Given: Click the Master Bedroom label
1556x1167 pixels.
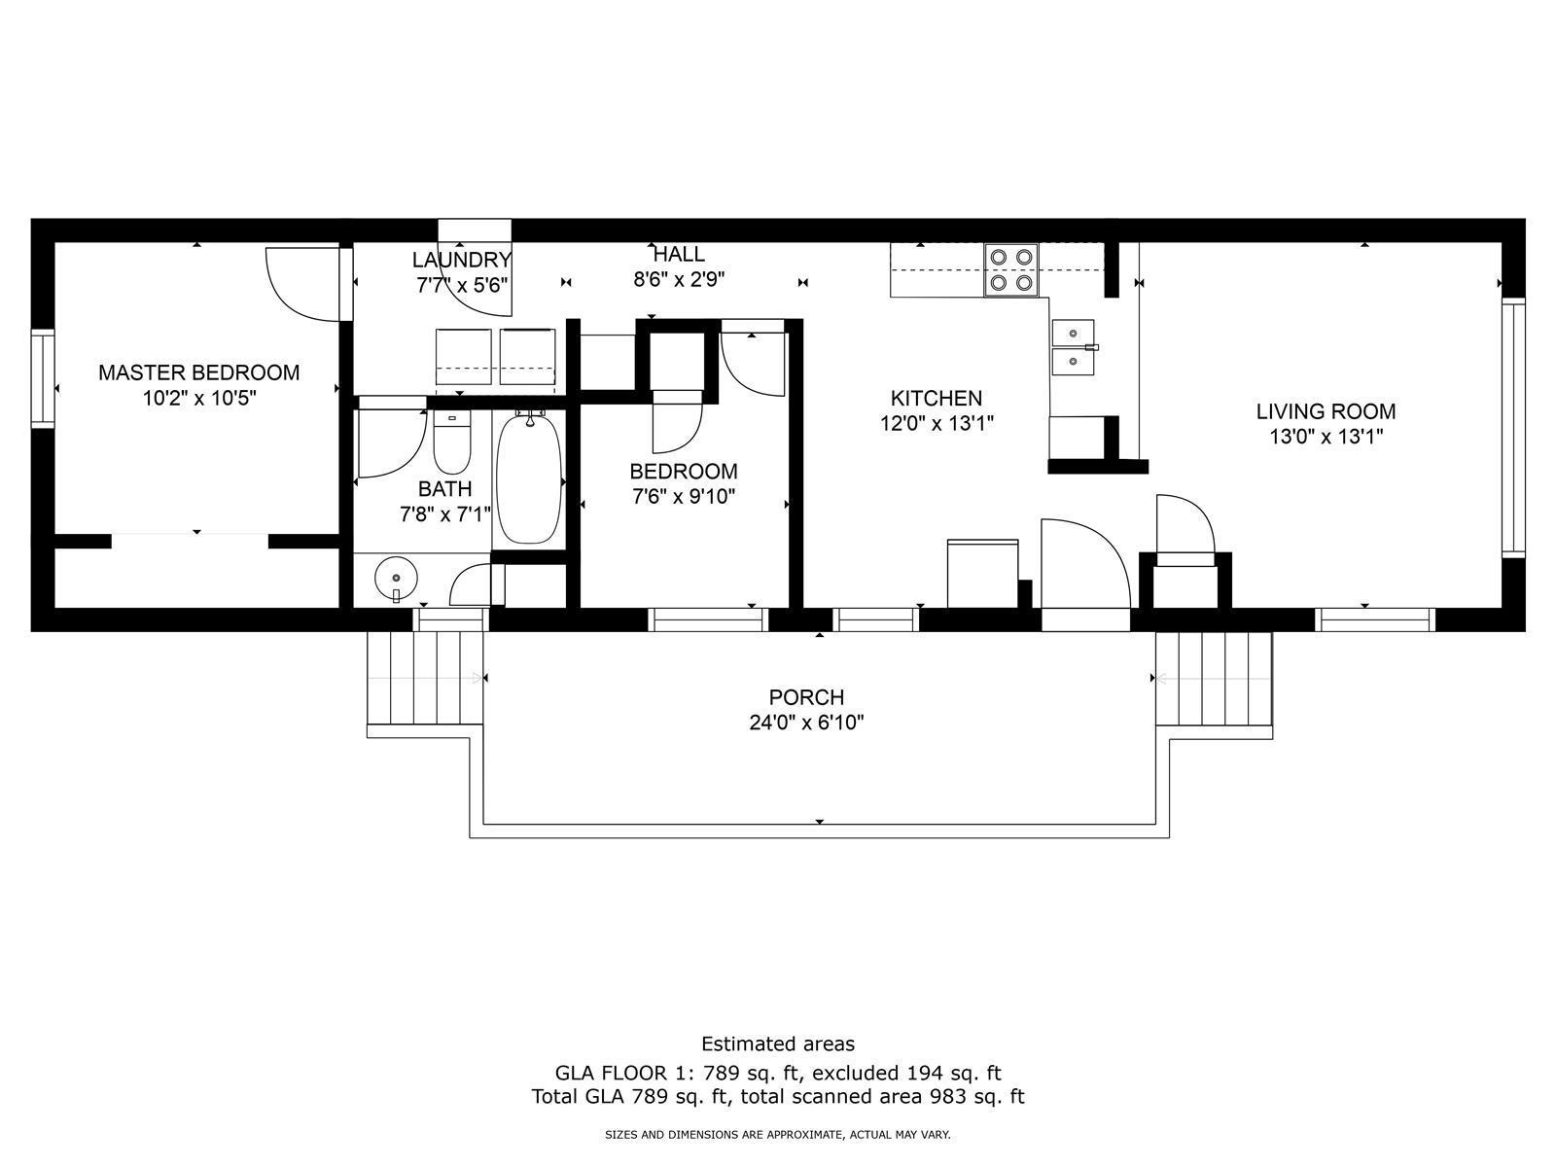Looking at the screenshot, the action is tap(198, 372).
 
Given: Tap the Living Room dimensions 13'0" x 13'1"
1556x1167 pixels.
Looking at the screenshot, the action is tap(1326, 437).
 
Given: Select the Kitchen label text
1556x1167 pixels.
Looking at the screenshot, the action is tap(937, 398).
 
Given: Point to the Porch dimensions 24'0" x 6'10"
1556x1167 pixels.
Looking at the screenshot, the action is tap(807, 723).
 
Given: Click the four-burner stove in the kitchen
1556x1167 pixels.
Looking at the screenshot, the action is tap(1010, 270).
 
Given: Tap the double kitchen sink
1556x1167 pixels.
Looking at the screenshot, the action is tap(1074, 347).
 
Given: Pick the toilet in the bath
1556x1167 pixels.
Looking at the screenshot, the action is tap(451, 442).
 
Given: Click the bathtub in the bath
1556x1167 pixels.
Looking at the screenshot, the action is tap(529, 479).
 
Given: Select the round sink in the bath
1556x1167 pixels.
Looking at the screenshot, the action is tap(396, 580).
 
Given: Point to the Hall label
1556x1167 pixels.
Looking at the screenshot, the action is tap(679, 254).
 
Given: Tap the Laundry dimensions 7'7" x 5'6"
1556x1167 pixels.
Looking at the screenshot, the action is tap(462, 286).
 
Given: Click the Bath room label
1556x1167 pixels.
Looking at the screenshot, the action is tap(445, 489).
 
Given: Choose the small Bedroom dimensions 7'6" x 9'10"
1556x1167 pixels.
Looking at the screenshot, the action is tap(684, 497).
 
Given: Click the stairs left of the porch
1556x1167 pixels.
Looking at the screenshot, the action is tap(425, 678).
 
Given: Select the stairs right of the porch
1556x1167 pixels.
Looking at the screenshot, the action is tap(1215, 678).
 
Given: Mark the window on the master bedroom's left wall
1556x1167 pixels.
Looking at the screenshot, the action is tap(43, 378).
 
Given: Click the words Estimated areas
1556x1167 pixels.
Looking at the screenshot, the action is tap(778, 1043).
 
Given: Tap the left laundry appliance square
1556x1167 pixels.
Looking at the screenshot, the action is tap(464, 356).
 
